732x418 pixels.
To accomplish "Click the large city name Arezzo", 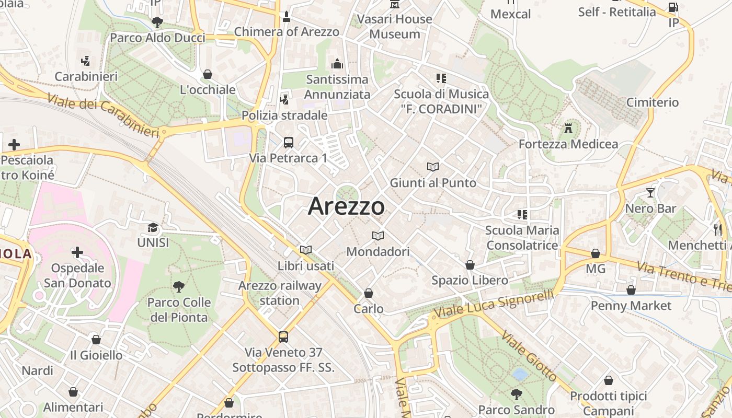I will (x=346, y=206).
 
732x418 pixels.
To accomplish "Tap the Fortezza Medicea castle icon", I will (x=568, y=128).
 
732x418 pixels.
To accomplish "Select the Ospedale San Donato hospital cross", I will (x=77, y=253).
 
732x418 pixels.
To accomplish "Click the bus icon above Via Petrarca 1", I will (x=288, y=142).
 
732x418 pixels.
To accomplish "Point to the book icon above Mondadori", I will (x=378, y=236).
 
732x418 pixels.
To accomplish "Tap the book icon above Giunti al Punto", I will (x=433, y=167).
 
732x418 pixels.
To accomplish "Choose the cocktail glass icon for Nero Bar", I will (x=650, y=193).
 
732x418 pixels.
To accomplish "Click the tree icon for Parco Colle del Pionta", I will (x=179, y=286).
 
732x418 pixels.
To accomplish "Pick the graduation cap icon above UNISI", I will (x=153, y=227).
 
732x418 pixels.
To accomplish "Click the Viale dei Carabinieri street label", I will (x=102, y=115).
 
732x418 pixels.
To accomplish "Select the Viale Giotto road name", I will (x=529, y=355).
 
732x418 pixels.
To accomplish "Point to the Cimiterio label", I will (x=652, y=102).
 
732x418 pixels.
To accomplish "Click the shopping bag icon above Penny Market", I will (x=631, y=290).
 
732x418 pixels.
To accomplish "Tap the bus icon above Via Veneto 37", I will (x=283, y=336).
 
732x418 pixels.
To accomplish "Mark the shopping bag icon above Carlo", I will (x=369, y=293).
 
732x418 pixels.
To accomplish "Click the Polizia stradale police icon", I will (x=285, y=99).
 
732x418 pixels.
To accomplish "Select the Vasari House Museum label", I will (x=395, y=27).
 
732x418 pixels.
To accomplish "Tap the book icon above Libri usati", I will (x=306, y=250).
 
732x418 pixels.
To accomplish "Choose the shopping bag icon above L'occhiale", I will (x=208, y=74).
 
